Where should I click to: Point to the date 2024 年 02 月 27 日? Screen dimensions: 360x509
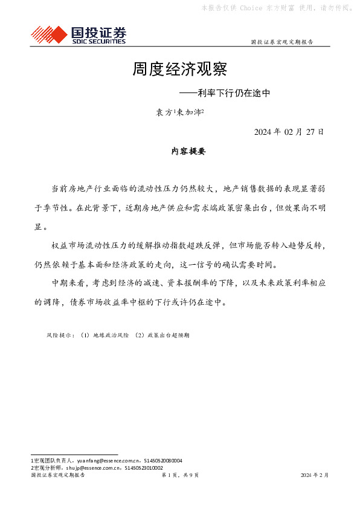coord(289,132)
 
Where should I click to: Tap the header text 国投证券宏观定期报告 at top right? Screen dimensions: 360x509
coord(281,42)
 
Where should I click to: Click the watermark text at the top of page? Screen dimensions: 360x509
coord(277,8)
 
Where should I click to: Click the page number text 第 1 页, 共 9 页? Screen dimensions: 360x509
coord(181,476)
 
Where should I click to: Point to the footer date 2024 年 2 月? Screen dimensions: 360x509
coord(314,476)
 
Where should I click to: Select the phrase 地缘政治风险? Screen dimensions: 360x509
coord(111,334)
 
